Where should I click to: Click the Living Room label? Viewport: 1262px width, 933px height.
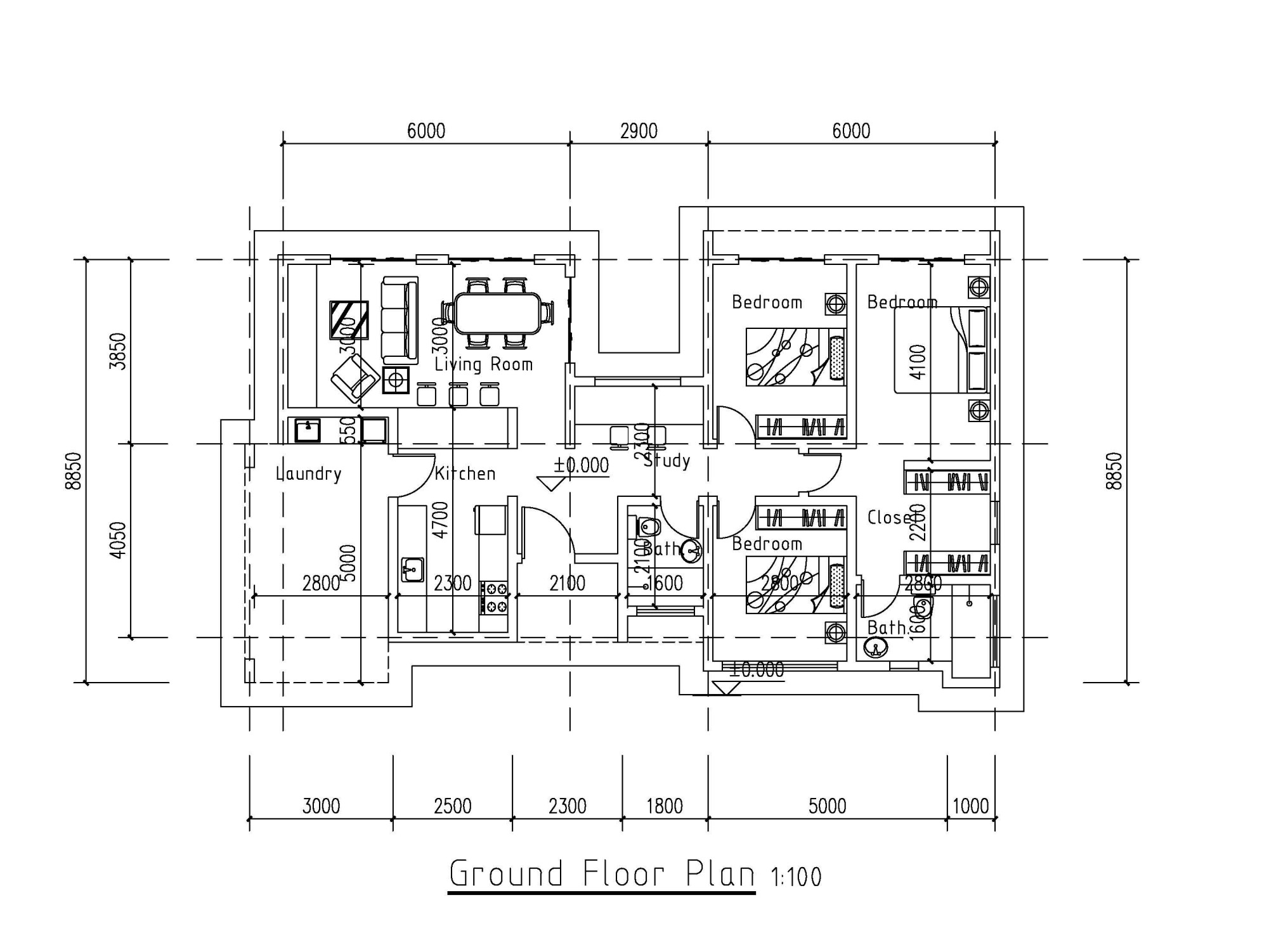tap(483, 364)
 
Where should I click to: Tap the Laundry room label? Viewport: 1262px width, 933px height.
tap(308, 473)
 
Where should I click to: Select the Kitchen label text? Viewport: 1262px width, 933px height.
tap(465, 473)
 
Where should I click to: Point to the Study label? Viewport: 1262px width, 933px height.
tap(667, 461)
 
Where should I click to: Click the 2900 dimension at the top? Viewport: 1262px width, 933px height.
tap(639, 131)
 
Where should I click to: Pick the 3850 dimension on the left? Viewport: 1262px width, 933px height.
tap(119, 351)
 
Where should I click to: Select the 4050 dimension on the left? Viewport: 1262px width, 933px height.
tap(119, 540)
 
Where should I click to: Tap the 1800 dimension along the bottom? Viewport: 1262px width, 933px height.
tap(665, 806)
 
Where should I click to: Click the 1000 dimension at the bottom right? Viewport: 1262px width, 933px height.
tap(971, 806)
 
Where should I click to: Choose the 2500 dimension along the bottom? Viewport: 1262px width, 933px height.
tap(453, 806)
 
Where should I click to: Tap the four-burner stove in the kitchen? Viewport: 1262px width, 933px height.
tap(493, 598)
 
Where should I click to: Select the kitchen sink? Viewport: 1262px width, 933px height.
tap(412, 569)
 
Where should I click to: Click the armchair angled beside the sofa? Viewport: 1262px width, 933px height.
tap(355, 378)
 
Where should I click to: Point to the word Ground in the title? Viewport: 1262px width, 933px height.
tap(506, 875)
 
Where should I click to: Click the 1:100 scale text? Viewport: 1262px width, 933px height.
tap(796, 878)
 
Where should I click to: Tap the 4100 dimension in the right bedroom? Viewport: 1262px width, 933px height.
tap(918, 362)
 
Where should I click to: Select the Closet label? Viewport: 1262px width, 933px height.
tap(890, 518)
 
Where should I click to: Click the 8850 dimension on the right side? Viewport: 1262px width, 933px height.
tap(1114, 470)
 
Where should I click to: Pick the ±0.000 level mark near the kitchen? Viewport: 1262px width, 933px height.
tap(581, 466)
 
